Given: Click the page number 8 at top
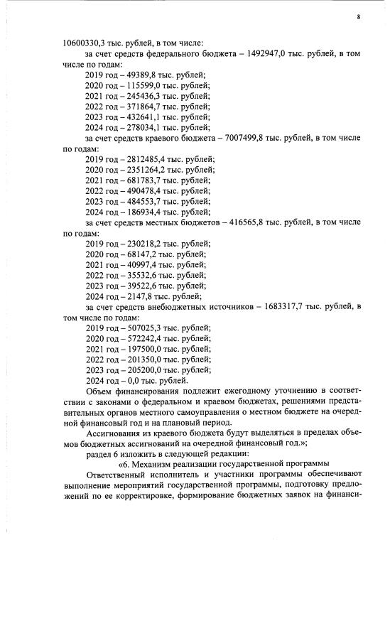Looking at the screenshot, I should [x=359, y=17].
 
